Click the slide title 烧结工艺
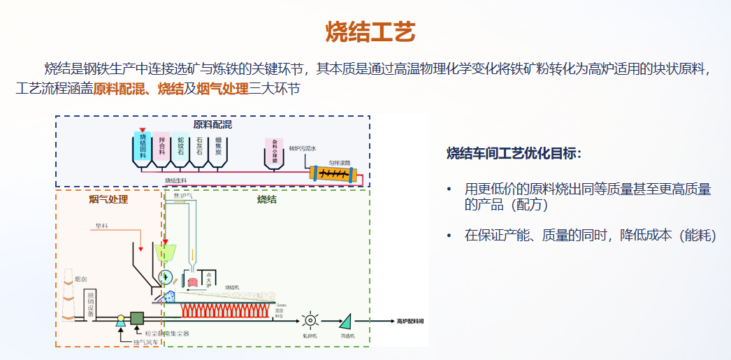click(x=370, y=31)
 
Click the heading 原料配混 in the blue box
click(x=212, y=125)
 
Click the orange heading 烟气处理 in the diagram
click(x=108, y=200)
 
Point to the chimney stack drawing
click(x=68, y=294)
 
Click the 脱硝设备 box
click(x=90, y=302)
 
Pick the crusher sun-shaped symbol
click(x=310, y=320)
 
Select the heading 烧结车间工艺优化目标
click(x=514, y=153)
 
